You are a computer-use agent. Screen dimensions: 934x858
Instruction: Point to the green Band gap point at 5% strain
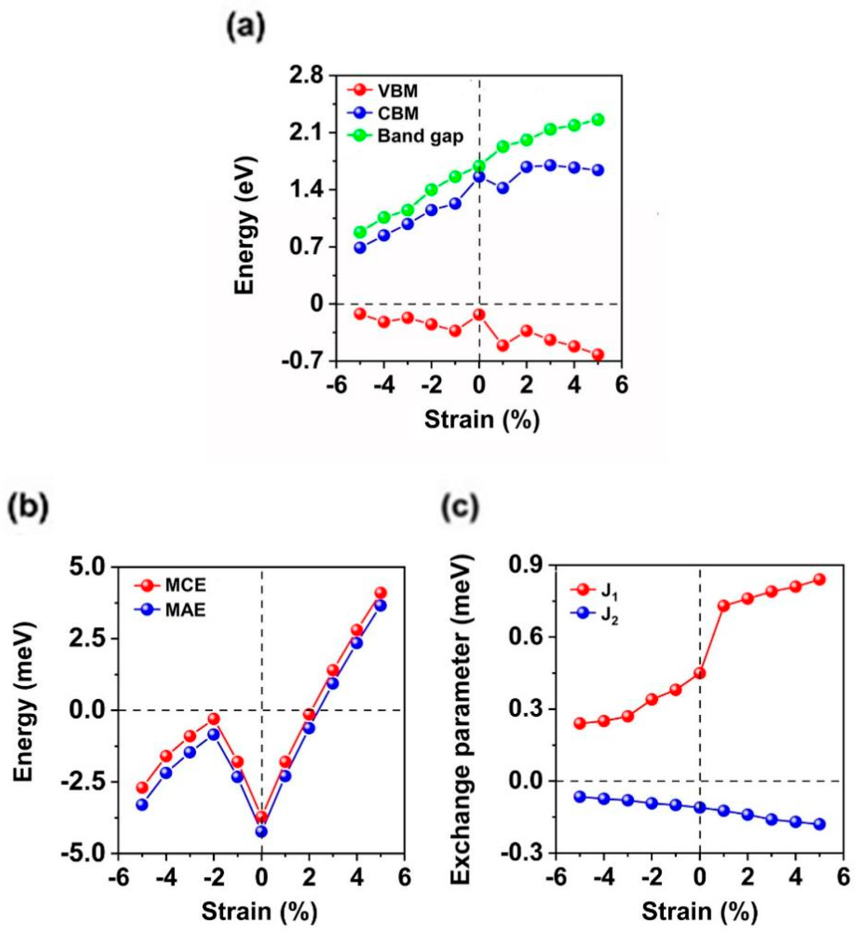[598, 119]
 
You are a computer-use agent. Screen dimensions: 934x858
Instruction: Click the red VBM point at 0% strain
[479, 315]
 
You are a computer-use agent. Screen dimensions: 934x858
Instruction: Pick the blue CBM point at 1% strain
[503, 188]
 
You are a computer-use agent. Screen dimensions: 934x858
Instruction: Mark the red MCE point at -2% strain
[213, 719]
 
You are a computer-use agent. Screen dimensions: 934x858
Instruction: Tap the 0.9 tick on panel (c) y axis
[525, 566]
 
